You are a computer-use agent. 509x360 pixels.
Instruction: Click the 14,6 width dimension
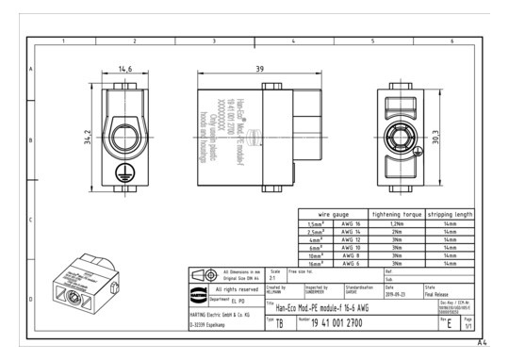point(124,69)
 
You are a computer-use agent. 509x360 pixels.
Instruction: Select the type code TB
point(279,321)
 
